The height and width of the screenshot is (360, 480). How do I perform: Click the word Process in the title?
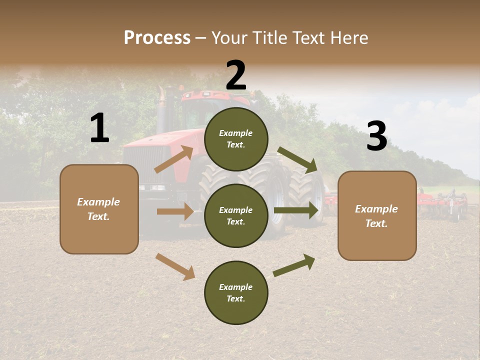point(157,38)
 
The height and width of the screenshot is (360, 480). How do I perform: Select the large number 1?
point(99,128)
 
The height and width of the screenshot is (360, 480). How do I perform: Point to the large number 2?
point(236,75)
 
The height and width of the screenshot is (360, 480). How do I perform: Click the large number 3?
point(376,136)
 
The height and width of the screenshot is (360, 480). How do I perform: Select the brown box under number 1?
point(99,209)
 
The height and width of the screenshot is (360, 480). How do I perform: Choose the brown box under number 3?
point(377,215)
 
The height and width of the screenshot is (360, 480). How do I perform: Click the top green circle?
point(236,139)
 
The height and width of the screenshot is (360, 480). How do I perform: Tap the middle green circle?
point(236,215)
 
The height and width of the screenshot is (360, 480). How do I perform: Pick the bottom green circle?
point(236,292)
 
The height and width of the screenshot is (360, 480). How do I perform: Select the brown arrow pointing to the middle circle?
point(175,211)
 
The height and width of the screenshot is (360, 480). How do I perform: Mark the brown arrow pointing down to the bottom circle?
point(175,266)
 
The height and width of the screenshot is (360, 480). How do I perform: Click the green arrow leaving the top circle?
point(297,159)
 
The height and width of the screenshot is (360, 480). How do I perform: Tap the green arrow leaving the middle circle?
point(295,210)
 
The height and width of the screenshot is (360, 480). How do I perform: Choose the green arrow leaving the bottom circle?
point(294,265)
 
